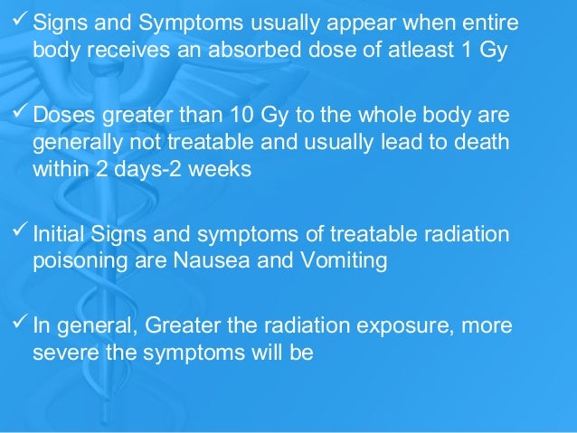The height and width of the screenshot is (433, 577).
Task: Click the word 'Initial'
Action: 57,233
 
